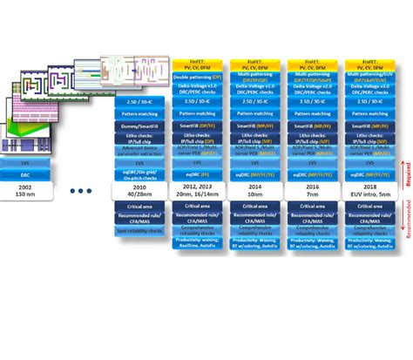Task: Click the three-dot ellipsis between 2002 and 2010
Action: pos(81,190)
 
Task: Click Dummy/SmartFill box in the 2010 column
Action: pos(139,125)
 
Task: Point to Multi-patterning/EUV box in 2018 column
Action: pos(372,76)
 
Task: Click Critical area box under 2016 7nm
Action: pos(314,207)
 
